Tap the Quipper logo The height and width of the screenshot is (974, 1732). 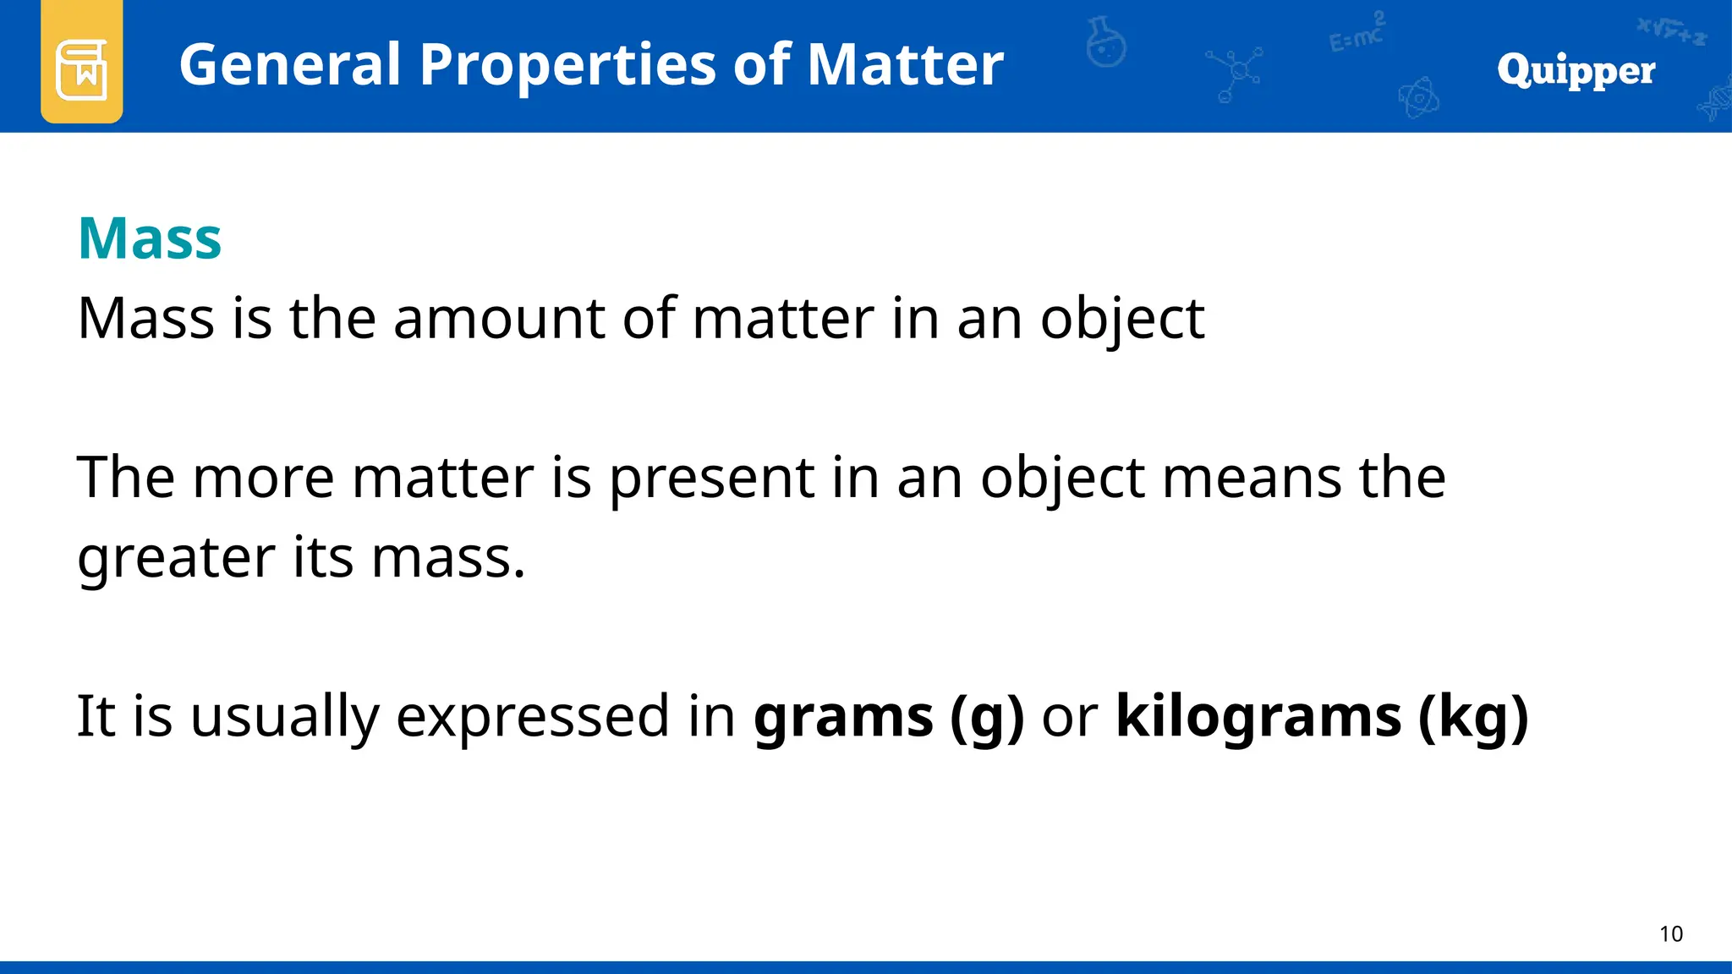pos(1576,70)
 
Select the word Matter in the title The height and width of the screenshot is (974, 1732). pos(905,64)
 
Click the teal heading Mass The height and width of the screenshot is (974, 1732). pos(150,239)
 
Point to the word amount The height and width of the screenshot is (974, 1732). pos(499,319)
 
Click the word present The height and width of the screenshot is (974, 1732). pos(711,479)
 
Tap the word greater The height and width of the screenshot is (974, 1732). pos(176,559)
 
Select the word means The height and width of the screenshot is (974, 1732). pos(1252,479)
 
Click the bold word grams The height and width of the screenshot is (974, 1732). pos(843,717)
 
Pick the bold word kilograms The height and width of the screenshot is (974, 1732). pos(1258,717)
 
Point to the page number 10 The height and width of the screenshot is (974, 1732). pos(1670,934)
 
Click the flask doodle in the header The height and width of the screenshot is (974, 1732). pos(1106,42)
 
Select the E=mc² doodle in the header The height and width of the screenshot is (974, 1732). pos(1357,34)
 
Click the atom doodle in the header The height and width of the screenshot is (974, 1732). pos(1418,98)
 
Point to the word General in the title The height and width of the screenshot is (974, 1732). pos(290,64)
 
